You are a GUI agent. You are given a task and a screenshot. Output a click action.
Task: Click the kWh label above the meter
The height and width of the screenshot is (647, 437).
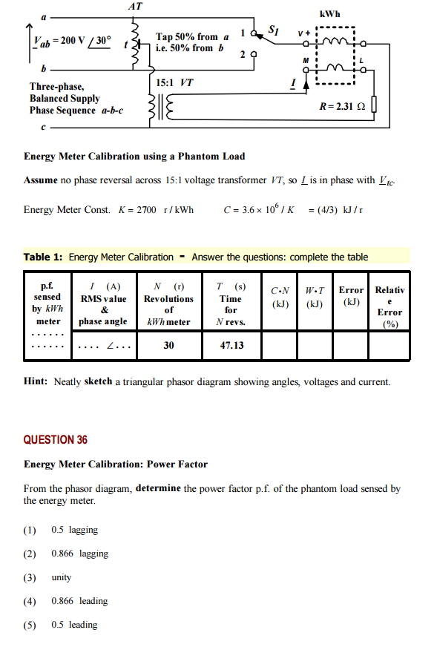tap(329, 14)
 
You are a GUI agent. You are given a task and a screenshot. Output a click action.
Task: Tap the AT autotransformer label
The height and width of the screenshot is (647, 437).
tap(135, 6)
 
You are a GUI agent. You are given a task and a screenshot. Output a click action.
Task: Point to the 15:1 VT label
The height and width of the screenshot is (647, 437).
tap(176, 82)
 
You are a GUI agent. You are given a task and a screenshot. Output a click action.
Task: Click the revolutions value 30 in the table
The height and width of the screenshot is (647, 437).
tap(168, 345)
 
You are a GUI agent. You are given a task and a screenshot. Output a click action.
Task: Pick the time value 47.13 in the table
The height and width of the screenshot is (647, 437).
tap(231, 345)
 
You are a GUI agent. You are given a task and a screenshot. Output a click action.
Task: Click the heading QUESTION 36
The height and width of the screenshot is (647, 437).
tap(56, 440)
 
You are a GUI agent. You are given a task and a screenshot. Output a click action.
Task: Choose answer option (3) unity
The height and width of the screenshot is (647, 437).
tap(61, 577)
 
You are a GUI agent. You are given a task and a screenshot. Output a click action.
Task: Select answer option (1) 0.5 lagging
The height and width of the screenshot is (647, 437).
tap(74, 530)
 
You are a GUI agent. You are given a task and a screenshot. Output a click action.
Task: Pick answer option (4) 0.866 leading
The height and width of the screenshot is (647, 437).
tap(79, 601)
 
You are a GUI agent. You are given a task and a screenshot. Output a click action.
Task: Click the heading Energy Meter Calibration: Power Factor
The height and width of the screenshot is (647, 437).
tap(116, 464)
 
